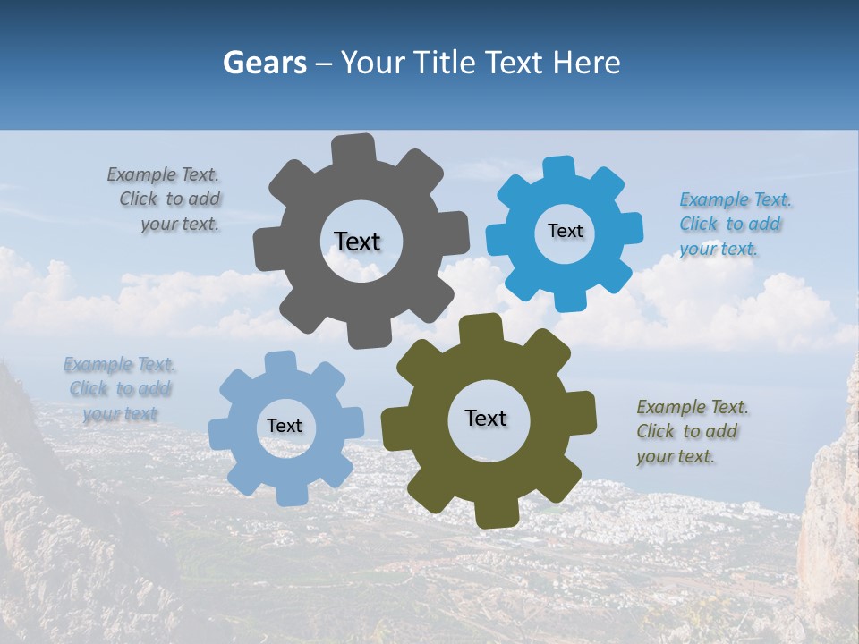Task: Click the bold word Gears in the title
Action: (265, 63)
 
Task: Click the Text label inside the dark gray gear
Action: (357, 241)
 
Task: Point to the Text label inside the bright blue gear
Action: (565, 231)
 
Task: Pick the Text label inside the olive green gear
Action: (486, 418)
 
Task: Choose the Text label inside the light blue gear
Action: (285, 427)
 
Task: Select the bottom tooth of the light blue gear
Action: (292, 494)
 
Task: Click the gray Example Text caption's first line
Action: (163, 174)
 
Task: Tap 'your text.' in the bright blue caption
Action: (718, 249)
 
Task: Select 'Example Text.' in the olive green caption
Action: (693, 407)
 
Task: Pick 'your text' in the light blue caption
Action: (120, 413)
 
